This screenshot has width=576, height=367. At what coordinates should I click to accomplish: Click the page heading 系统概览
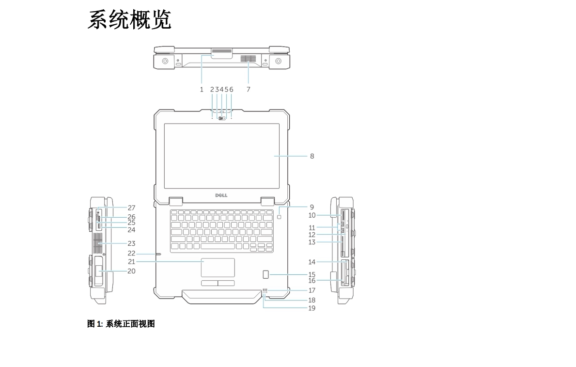coord(129,20)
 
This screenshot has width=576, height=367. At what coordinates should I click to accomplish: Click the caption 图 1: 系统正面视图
coord(121,324)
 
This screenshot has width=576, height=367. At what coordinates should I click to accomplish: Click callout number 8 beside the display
coord(312,156)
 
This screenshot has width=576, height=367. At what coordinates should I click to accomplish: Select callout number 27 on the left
coord(132,207)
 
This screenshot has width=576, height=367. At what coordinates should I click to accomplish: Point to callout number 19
coord(312,308)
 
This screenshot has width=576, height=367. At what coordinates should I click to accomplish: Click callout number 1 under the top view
coord(202,89)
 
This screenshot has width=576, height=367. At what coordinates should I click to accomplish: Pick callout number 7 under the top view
coord(249,89)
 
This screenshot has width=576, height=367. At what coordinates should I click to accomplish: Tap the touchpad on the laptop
coord(218,268)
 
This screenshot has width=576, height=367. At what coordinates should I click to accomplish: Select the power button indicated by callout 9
coord(282,217)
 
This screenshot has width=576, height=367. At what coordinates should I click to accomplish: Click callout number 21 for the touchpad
coord(132,261)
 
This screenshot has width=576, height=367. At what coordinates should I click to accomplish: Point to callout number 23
coord(132,243)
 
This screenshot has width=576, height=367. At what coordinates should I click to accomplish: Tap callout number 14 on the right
coord(312,262)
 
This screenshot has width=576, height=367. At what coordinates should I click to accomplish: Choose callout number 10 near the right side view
coord(312,215)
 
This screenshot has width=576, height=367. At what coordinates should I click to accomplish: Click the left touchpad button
coord(209,283)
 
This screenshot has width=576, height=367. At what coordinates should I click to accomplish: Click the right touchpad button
coord(226,283)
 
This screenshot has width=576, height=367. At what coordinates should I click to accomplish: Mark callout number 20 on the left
coord(132,271)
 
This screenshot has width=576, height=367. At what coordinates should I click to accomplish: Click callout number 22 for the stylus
coord(132,253)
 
